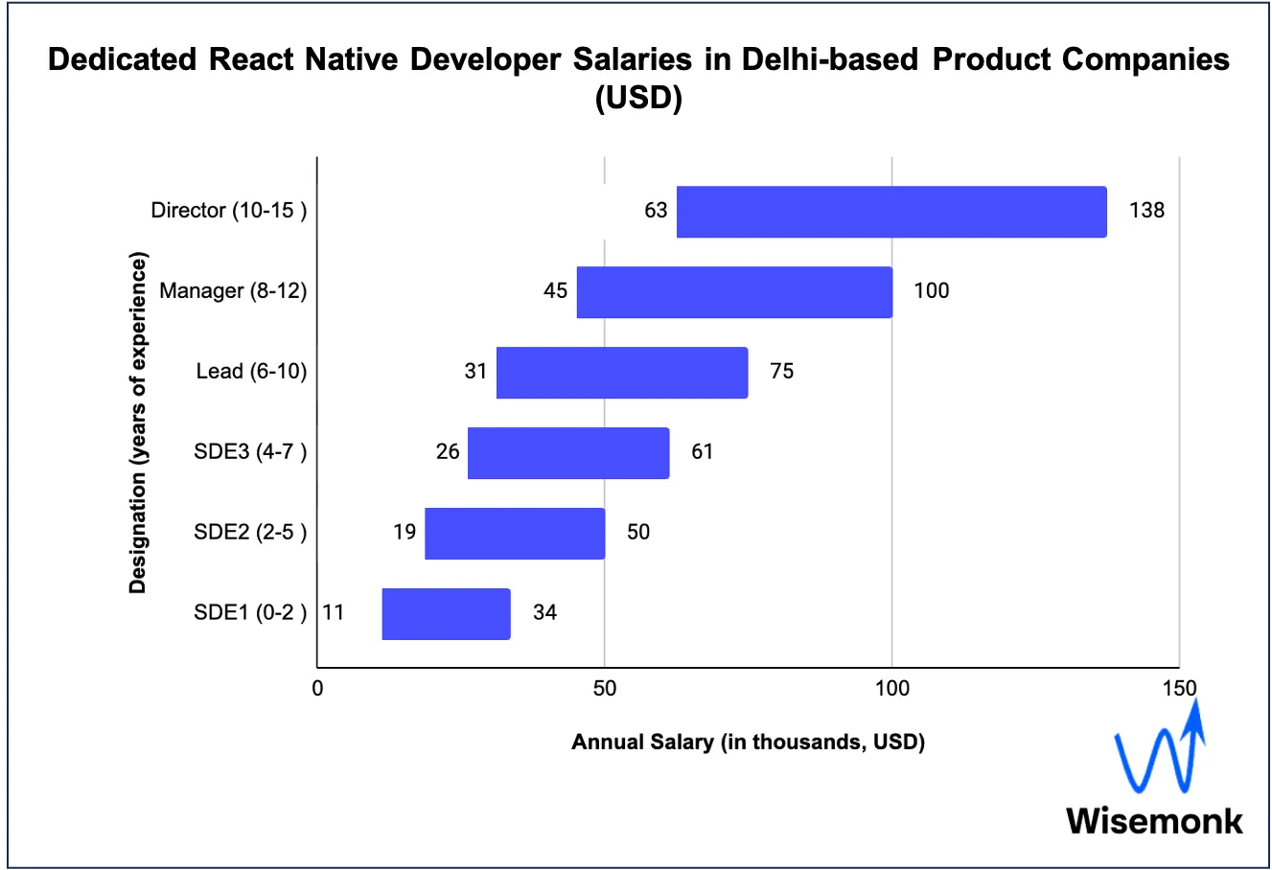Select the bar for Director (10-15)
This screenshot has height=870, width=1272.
pos(891,212)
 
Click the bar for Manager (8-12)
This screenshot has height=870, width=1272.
pos(734,292)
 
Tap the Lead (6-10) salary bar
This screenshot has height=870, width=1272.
pos(622,373)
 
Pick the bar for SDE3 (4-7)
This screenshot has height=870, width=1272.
pos(568,453)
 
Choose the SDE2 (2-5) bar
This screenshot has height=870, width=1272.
pos(515,534)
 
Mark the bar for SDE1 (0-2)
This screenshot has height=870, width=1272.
pos(446,614)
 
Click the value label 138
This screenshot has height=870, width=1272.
pos(1146,210)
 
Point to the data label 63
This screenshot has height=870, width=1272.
pos(656,210)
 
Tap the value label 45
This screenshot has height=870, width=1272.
pos(556,290)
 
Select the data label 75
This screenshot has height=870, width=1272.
pos(782,371)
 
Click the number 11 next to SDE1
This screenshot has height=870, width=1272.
pos(333,612)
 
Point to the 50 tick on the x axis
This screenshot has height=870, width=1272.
pos(604,688)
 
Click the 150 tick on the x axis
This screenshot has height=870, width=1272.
pos(1179,688)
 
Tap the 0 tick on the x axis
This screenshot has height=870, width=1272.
pos(317,688)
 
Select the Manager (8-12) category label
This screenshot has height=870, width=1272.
pos(233,290)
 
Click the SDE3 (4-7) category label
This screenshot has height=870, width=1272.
pos(250,451)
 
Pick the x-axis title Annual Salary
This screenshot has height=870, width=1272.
pos(748,742)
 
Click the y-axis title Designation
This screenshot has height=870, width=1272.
pos(138,422)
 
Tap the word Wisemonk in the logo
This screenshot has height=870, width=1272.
pos(1154,821)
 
